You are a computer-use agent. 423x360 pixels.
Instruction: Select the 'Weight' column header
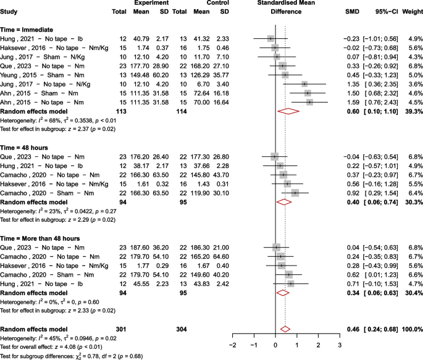coord(409,12)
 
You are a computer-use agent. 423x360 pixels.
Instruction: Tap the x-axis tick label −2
coord(232,345)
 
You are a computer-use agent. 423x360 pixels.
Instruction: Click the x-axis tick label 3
coord(340,345)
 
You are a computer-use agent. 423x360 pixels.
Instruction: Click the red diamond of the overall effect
coord(285,329)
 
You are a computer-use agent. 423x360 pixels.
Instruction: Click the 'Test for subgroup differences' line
coord(72,356)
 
